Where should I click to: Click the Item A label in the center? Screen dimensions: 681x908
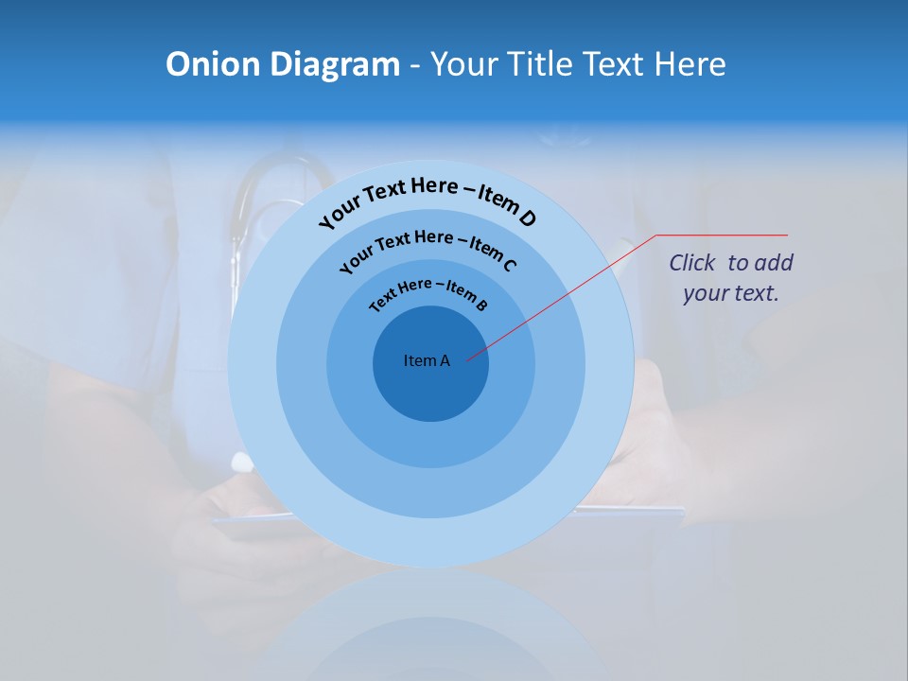(427, 360)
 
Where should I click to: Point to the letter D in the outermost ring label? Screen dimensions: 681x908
(527, 218)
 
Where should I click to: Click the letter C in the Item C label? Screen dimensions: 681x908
(509, 265)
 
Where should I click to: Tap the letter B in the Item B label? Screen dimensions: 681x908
(481, 305)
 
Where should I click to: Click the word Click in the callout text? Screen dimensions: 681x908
(693, 263)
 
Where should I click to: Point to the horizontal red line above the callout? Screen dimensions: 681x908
(723, 235)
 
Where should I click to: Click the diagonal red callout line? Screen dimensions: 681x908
(567, 293)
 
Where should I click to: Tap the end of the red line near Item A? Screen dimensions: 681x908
(468, 358)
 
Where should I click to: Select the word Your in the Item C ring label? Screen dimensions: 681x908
(356, 261)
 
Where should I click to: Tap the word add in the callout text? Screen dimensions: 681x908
(775, 263)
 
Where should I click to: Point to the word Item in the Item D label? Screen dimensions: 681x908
(496, 199)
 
